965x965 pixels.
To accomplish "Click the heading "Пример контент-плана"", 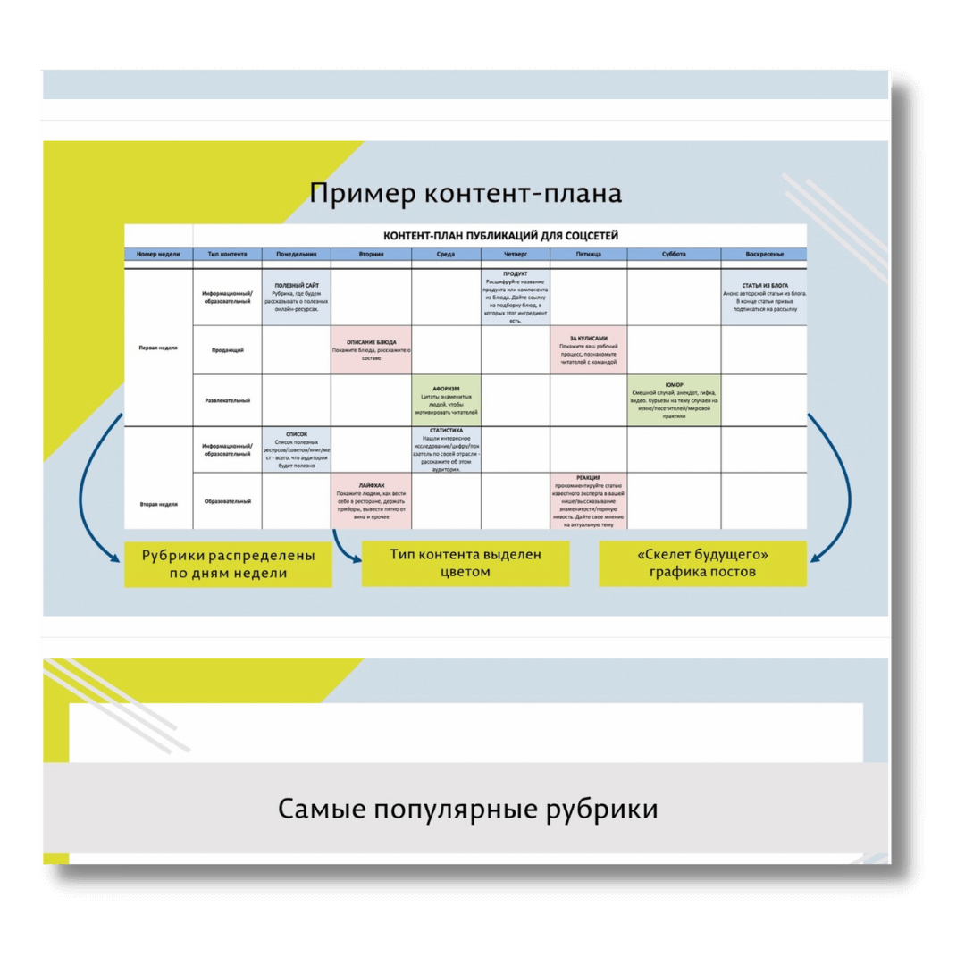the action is pyautogui.click(x=466, y=194).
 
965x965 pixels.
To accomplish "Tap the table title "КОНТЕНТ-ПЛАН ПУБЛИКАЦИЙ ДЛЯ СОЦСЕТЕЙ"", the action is pyautogui.click(x=500, y=236).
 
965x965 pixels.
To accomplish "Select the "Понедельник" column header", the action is pyautogui.click(x=296, y=255).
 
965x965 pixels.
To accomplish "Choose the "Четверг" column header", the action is pyautogui.click(x=515, y=255).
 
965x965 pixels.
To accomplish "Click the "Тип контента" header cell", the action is pyautogui.click(x=227, y=255).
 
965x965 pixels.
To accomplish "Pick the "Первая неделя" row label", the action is pyautogui.click(x=158, y=348).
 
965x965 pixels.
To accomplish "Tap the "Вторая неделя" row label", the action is pyautogui.click(x=158, y=504).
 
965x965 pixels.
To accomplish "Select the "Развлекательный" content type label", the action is pyautogui.click(x=227, y=400).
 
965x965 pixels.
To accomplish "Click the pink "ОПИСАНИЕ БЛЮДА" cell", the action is pyautogui.click(x=371, y=349).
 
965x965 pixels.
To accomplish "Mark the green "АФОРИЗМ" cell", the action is pyautogui.click(x=446, y=401).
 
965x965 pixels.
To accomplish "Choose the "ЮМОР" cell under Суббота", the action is pyautogui.click(x=674, y=401).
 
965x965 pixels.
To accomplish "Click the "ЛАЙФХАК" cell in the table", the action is pyautogui.click(x=371, y=501).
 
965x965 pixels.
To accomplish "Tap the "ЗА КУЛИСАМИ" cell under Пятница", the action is pyautogui.click(x=588, y=349).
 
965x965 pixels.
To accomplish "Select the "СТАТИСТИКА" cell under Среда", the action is pyautogui.click(x=446, y=449).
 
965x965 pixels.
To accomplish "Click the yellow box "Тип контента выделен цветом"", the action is pyautogui.click(x=465, y=563).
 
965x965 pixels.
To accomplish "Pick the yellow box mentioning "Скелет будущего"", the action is pyautogui.click(x=702, y=563).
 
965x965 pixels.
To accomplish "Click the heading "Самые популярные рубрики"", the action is pyautogui.click(x=467, y=810).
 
